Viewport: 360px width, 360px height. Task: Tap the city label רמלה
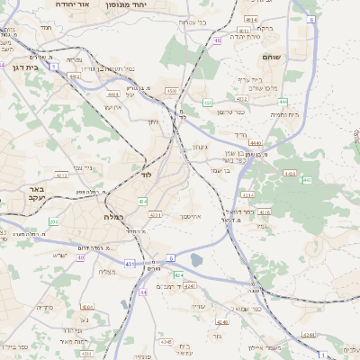pyautogui.click(x=103, y=218)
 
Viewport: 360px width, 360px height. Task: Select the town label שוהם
pyautogui.click(x=272, y=58)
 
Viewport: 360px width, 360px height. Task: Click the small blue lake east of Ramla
pyautogui.click(x=197, y=261)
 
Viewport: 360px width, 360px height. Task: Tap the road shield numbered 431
pyautogui.click(x=130, y=264)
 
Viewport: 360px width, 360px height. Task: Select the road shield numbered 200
pyautogui.click(x=53, y=221)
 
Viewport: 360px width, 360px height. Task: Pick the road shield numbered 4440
pyautogui.click(x=256, y=142)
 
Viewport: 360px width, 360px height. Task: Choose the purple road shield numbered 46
pyautogui.click(x=218, y=40)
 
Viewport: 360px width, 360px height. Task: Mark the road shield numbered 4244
pyautogui.click(x=309, y=334)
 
